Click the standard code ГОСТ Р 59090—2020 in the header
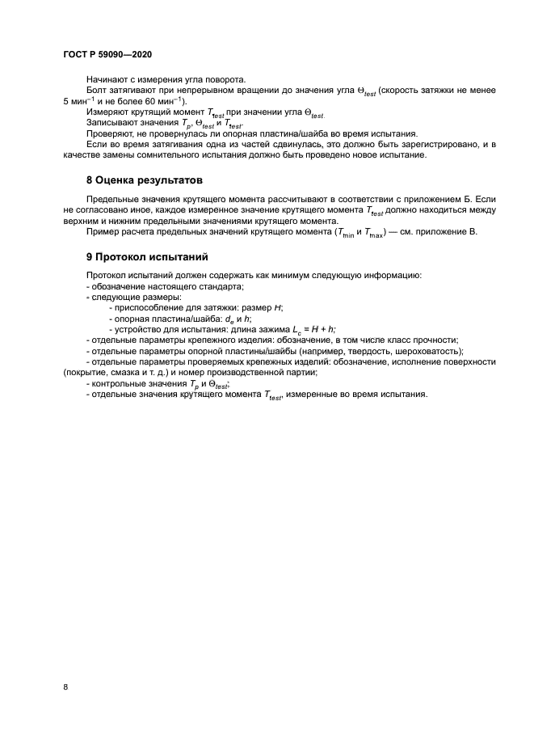click(x=107, y=53)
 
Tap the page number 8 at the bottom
click(x=65, y=686)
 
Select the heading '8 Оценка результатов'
click(x=145, y=179)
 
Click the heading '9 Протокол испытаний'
click(x=147, y=257)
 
